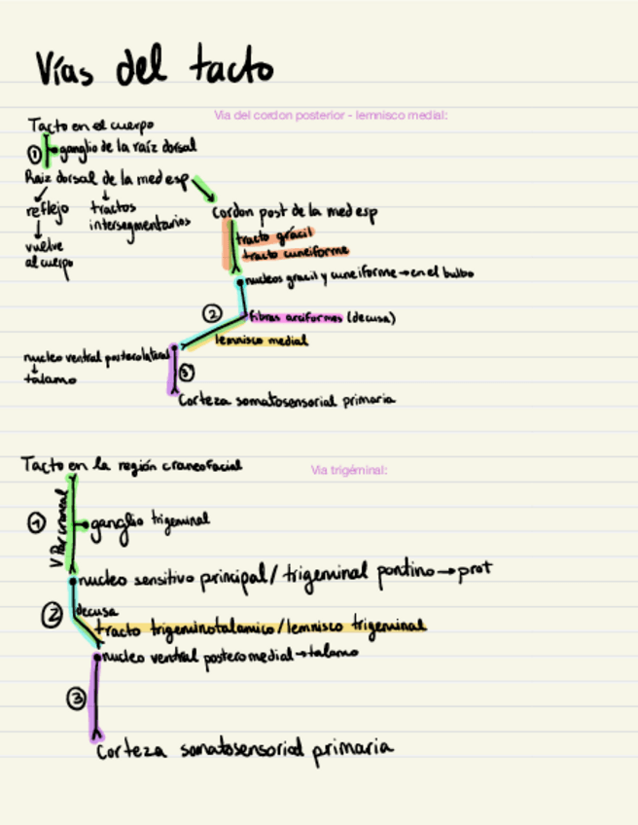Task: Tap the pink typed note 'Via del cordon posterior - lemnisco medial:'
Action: pos(331,116)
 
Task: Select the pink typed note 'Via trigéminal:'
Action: pos(349,471)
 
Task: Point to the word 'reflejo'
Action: pos(47,210)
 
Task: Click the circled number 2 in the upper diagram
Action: pos(212,313)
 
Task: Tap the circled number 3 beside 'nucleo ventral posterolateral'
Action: pos(188,372)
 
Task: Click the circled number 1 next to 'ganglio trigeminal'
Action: pos(36,523)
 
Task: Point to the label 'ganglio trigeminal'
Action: pos(150,523)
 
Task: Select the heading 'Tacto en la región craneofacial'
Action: pos(131,466)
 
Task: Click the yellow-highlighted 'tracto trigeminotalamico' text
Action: pos(185,629)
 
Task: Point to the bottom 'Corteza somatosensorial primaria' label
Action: pos(244,749)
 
